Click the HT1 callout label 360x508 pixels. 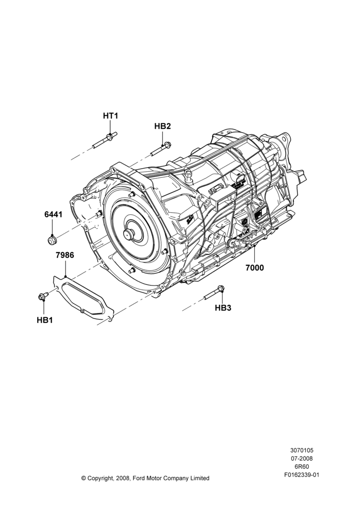click(x=111, y=116)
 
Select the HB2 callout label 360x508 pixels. click(x=163, y=126)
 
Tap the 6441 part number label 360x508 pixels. click(x=53, y=214)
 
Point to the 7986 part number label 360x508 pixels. click(x=65, y=255)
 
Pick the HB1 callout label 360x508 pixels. click(x=45, y=320)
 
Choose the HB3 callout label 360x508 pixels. click(x=223, y=308)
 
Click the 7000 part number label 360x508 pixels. click(x=255, y=268)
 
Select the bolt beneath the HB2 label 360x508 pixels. click(x=161, y=149)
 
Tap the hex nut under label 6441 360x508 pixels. click(x=51, y=240)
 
